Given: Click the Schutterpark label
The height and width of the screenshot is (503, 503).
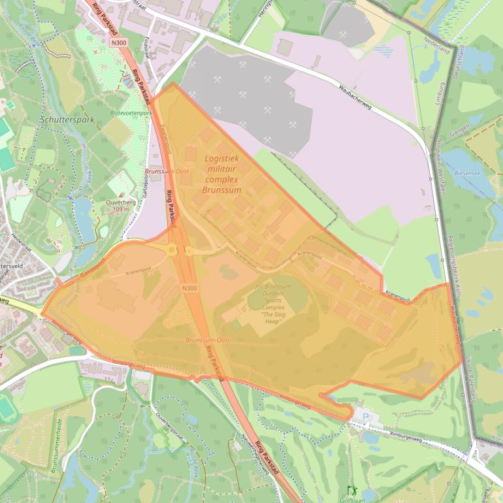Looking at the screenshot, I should point(67,120).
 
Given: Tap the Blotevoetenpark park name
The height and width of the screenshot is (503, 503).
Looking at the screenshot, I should point(131,113).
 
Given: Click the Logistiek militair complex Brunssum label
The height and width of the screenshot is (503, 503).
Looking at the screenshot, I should point(221,174).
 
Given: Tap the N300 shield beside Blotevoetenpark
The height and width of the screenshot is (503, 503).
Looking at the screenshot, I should point(118,42).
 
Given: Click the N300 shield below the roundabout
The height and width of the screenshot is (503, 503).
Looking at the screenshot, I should point(189,288).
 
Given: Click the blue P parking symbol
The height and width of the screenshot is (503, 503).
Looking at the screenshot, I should point(365,416).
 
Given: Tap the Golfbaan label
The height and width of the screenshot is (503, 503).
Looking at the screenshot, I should point(353,499).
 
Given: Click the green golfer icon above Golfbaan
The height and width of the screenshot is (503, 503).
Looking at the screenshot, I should point(353,489).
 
